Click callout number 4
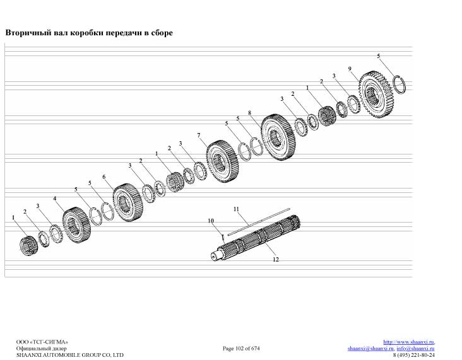point(54,199)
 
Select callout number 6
point(104,177)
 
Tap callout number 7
point(199,135)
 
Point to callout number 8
point(249,113)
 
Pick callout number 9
point(350,69)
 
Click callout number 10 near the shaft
point(211,221)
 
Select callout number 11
point(236,209)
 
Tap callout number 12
point(275,259)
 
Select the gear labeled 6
point(128,202)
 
